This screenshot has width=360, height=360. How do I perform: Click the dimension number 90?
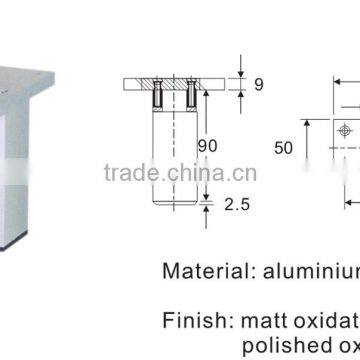(206, 147)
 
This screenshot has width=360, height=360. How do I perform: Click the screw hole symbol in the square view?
(343, 130)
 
